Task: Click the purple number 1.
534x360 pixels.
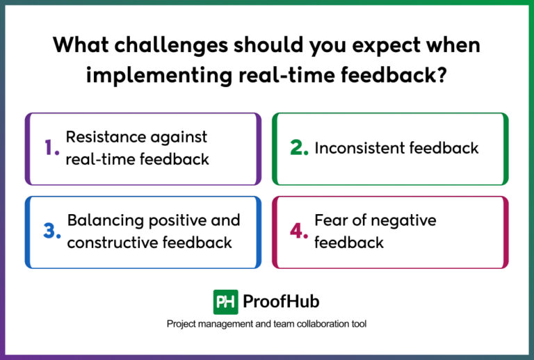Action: click(x=51, y=148)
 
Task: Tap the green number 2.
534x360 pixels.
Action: click(x=300, y=148)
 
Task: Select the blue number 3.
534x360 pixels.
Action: click(x=52, y=231)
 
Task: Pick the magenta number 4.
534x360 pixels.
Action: click(x=299, y=231)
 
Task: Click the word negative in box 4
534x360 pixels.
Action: click(x=403, y=220)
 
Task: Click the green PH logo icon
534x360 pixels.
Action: click(x=225, y=302)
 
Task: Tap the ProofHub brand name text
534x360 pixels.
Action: click(x=281, y=302)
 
